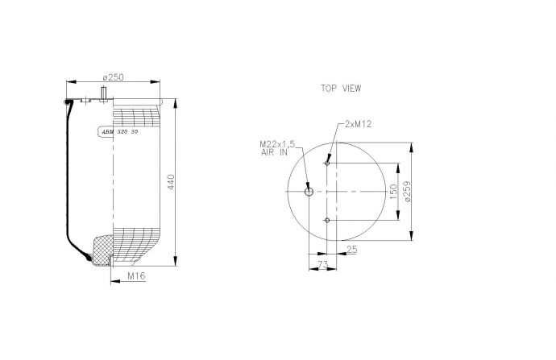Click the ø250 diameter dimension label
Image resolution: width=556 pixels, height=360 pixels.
113,77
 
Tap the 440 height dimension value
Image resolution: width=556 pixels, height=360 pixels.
171,182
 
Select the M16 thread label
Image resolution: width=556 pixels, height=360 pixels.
136,275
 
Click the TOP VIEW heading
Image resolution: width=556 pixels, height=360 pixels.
341,89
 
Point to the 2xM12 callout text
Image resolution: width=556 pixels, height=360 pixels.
358,124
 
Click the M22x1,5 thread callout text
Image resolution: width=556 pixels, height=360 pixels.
277,144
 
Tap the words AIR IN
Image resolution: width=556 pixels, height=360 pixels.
274,153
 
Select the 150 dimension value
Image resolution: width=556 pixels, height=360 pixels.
393,192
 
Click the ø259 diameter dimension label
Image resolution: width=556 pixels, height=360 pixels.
407,192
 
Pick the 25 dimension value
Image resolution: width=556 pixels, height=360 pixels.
352,250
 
